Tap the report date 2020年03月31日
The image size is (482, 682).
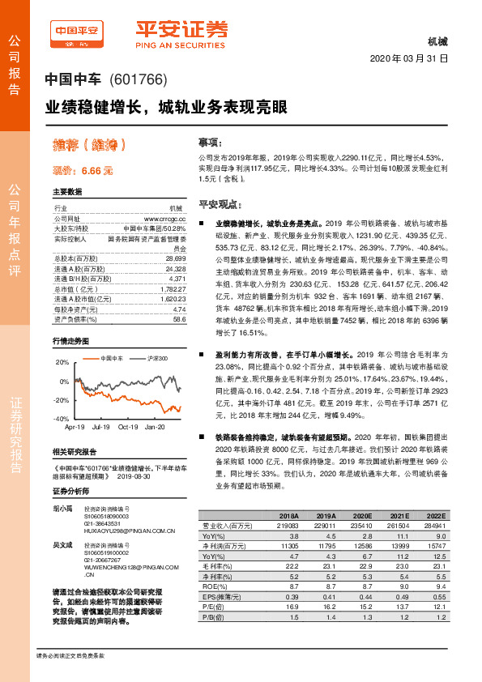pyautogui.click(x=408, y=58)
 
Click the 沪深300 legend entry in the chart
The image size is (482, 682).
pyautogui.click(x=153, y=357)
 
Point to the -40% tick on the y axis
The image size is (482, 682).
pyautogui.click(x=62, y=419)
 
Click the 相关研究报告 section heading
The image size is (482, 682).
pyautogui.click(x=75, y=451)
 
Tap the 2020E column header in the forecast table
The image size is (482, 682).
pyautogui.click(x=364, y=516)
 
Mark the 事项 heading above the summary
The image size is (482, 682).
pyautogui.click(x=210, y=139)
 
